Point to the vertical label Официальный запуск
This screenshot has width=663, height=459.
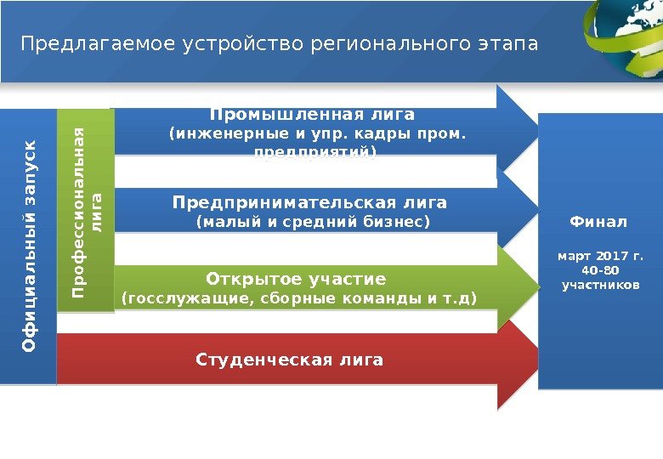click(x=29, y=246)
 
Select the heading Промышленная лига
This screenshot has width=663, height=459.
click(x=312, y=114)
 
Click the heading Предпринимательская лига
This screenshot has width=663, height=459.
click(x=309, y=203)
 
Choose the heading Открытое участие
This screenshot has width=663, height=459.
click(x=296, y=280)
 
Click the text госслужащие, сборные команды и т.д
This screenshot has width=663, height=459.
click(x=300, y=298)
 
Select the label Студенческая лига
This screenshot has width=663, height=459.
click(x=290, y=360)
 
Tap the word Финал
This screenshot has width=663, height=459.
click(x=598, y=222)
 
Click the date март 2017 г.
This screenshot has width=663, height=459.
click(x=599, y=255)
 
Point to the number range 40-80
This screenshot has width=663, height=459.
click(x=599, y=270)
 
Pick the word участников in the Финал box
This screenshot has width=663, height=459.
click(x=599, y=285)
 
